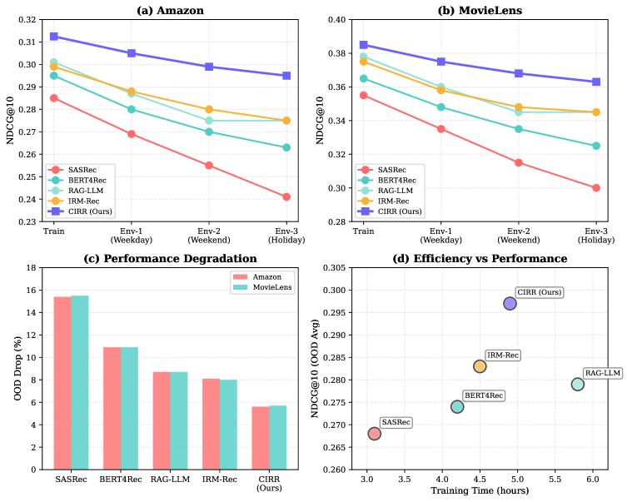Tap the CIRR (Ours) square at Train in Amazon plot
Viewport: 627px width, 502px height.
click(x=54, y=37)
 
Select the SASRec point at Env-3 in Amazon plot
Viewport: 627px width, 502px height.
click(x=286, y=196)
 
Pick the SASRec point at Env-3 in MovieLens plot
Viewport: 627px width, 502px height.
click(x=596, y=187)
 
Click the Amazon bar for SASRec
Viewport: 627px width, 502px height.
click(x=62, y=383)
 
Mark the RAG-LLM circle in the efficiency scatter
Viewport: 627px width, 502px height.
click(x=578, y=384)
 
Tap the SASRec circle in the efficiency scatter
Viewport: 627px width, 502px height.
click(x=374, y=433)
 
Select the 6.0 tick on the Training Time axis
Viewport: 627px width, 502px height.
click(x=592, y=480)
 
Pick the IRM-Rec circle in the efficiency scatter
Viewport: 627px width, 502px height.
click(x=480, y=365)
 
